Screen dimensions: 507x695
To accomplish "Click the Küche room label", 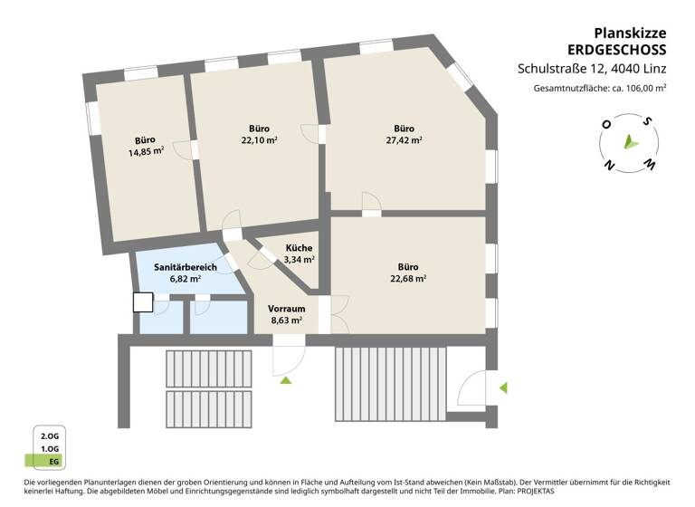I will click(x=300, y=248).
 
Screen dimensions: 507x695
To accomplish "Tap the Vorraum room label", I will click(x=286, y=308).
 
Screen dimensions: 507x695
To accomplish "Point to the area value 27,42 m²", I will click(x=404, y=140).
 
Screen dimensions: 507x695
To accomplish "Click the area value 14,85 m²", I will click(x=146, y=152).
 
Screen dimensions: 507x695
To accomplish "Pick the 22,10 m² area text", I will click(x=259, y=140).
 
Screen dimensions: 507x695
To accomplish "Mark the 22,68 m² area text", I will click(x=408, y=279).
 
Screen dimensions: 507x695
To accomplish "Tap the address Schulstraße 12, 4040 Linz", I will click(x=592, y=68).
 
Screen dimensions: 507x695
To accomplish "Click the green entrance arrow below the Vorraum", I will click(x=286, y=380).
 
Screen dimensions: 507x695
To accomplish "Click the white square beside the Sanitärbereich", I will click(x=143, y=302).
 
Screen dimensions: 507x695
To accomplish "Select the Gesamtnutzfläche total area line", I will click(x=600, y=88).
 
